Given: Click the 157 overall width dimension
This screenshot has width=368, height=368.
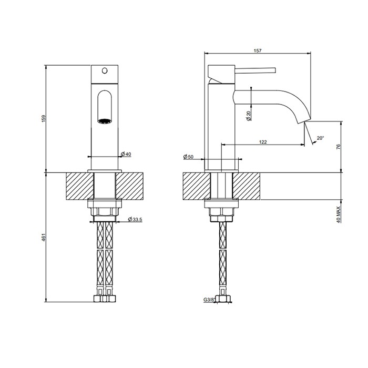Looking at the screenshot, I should (x=258, y=50).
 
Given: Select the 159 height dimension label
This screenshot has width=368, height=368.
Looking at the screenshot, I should (x=43, y=119).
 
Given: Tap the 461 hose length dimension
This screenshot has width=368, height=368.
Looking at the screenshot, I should (x=43, y=238).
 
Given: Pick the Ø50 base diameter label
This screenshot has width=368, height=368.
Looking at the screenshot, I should (x=188, y=157).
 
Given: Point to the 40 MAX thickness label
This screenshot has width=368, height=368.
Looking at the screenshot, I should (x=339, y=213).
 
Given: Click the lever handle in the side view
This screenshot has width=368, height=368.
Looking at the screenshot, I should (x=255, y=69).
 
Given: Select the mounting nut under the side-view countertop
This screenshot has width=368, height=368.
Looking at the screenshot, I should (x=222, y=212).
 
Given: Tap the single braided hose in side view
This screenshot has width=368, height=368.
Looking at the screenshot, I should (x=222, y=258).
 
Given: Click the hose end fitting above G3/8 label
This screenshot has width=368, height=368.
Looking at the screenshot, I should (x=222, y=298).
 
